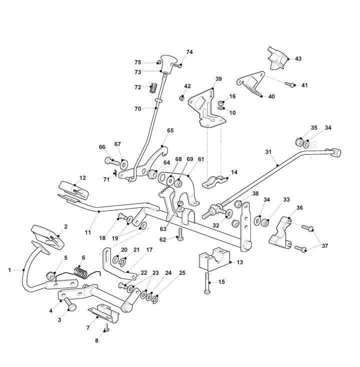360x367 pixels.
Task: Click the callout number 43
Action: [x=298, y=58]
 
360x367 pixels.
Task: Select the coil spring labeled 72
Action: [x=153, y=88]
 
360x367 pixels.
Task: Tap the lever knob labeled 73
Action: [x=167, y=64]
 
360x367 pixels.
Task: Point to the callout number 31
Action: [x=268, y=152]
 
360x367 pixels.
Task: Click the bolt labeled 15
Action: [x=207, y=283]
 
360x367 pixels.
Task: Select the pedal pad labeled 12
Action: [x=73, y=189]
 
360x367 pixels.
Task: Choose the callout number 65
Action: [x=170, y=130]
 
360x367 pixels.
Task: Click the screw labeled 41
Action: [x=289, y=84]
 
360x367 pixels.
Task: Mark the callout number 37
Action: [x=325, y=246]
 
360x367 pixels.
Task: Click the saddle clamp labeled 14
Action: [x=214, y=182]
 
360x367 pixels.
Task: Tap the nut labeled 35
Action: [x=298, y=142]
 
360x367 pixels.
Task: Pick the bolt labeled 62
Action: [x=180, y=234]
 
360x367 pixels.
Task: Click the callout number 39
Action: [x=218, y=79]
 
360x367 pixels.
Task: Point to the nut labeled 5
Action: [x=50, y=275]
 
